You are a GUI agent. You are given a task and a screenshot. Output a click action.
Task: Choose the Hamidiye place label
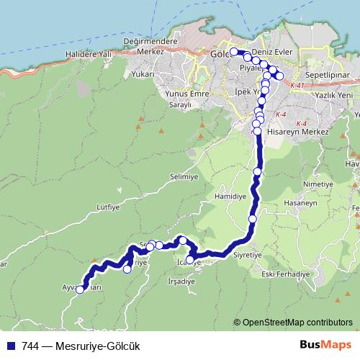pos(230,196)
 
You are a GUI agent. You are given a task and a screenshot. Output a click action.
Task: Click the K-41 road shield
pos(298,86)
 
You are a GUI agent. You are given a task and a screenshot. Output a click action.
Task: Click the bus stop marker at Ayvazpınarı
pos(81,289)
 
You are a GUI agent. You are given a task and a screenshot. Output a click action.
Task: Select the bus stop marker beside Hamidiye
pos(253,219)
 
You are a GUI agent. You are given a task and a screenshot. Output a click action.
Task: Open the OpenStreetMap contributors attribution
pos(297,323)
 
